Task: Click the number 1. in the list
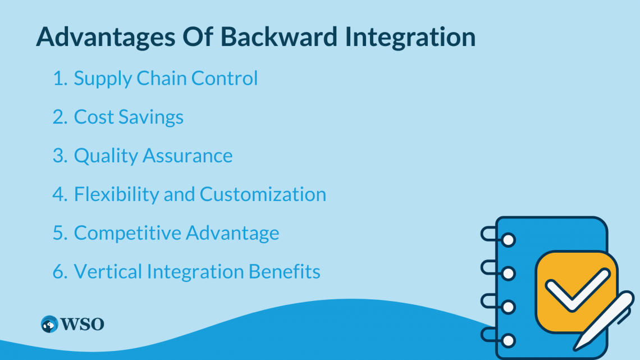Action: (60, 79)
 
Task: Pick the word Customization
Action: (263, 194)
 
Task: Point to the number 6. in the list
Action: (60, 272)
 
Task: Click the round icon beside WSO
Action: (49, 324)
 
